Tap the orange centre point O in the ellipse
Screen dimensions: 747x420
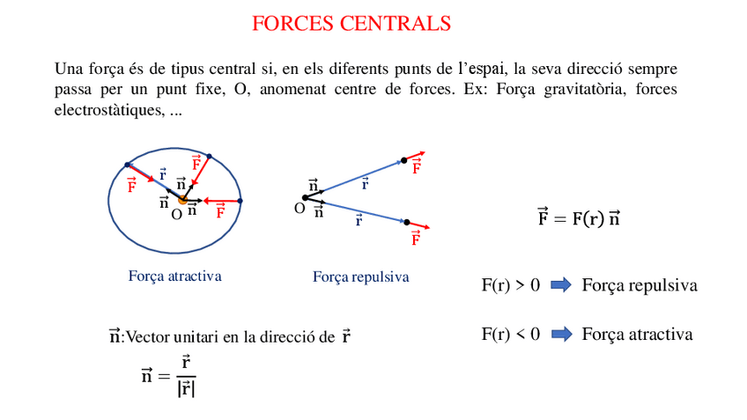(x=182, y=200)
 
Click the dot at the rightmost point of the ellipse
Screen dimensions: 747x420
(x=240, y=201)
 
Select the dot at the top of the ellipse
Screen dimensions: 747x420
(x=209, y=156)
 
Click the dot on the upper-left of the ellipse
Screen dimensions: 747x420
(x=129, y=165)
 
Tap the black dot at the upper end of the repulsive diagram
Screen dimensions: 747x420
(x=404, y=160)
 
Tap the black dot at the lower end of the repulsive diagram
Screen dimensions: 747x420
(x=407, y=223)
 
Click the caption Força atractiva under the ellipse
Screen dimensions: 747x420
(x=174, y=276)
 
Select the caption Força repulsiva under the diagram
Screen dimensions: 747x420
(x=360, y=276)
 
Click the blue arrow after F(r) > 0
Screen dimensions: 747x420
(x=561, y=285)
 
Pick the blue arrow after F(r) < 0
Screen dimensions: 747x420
(x=561, y=335)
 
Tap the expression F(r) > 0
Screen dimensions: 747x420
(x=510, y=285)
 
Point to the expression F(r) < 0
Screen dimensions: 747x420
(x=510, y=335)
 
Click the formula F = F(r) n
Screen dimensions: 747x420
(x=579, y=218)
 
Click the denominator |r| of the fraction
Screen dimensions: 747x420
(x=186, y=387)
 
